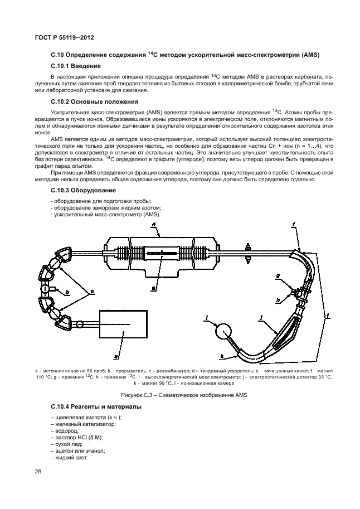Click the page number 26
38,472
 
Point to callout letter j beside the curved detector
260,318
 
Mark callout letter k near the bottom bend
222,355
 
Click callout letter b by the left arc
67,292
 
